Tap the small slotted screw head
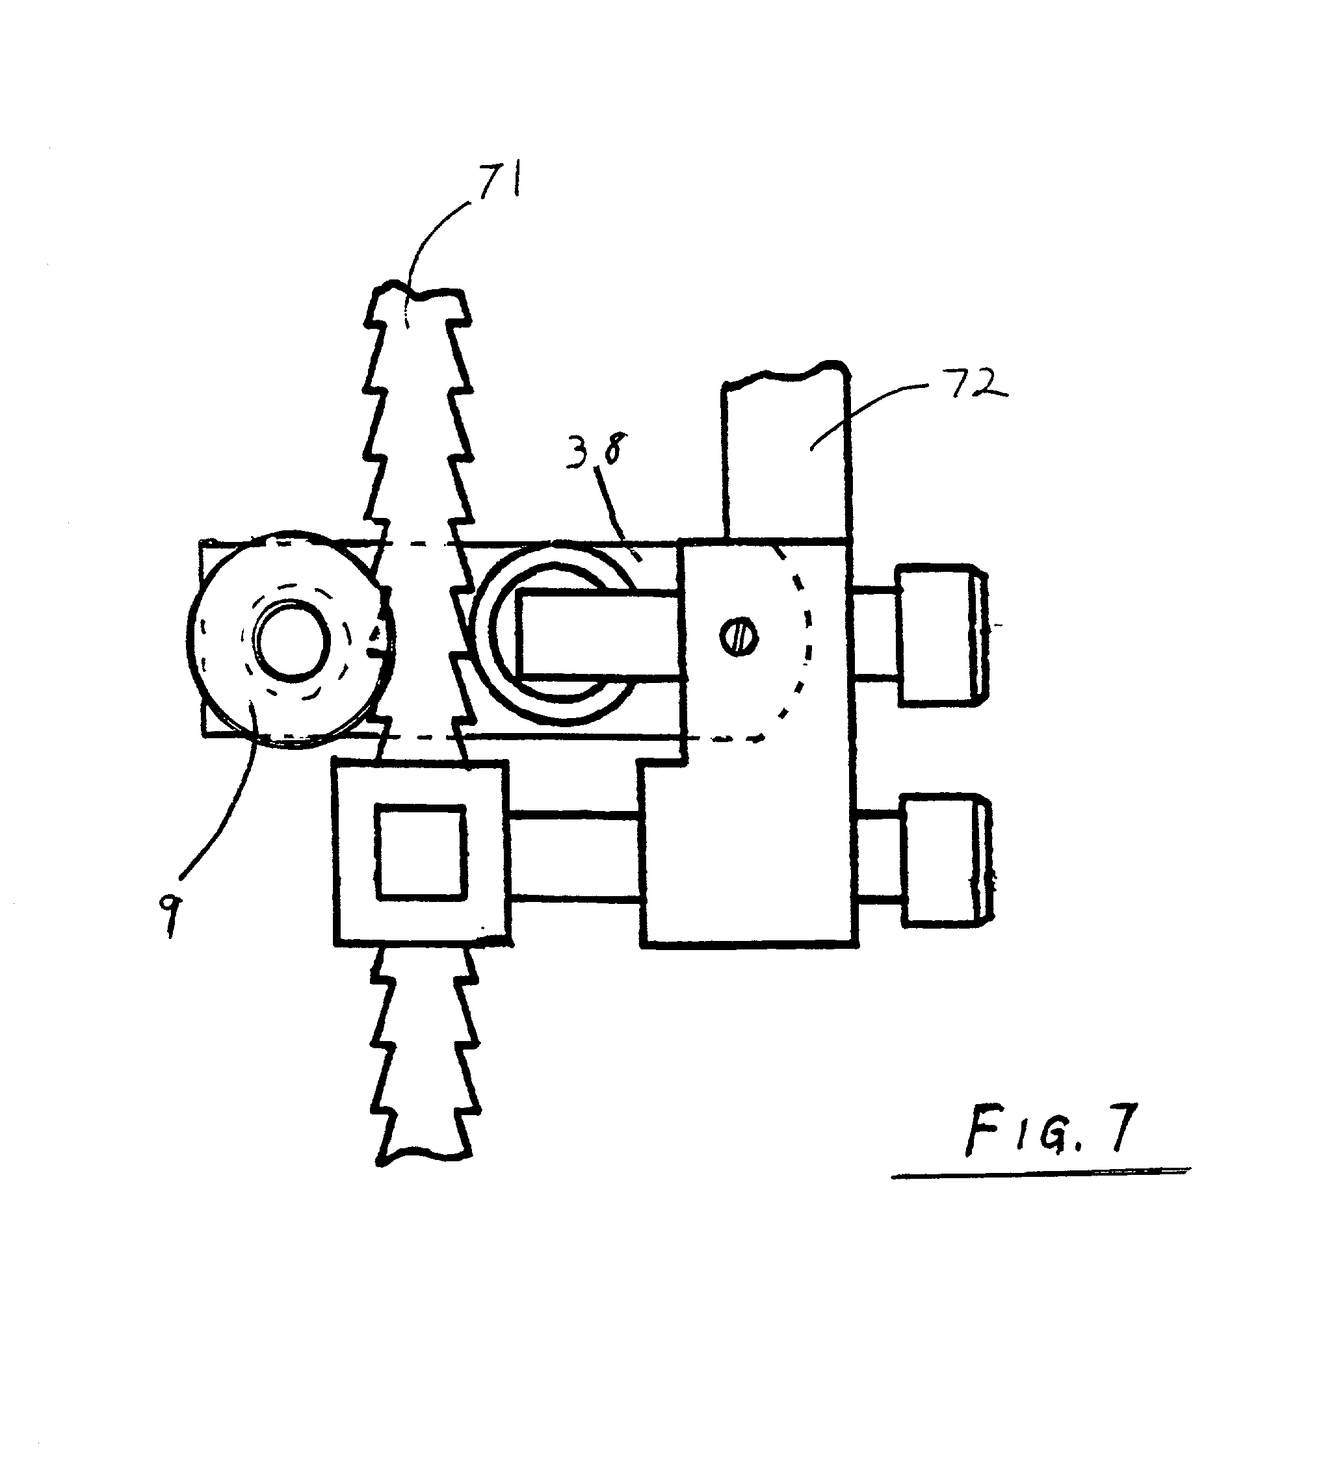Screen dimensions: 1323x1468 (x=739, y=637)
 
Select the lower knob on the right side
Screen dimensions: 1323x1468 (x=946, y=860)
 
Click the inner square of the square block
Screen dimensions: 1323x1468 (x=420, y=853)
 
